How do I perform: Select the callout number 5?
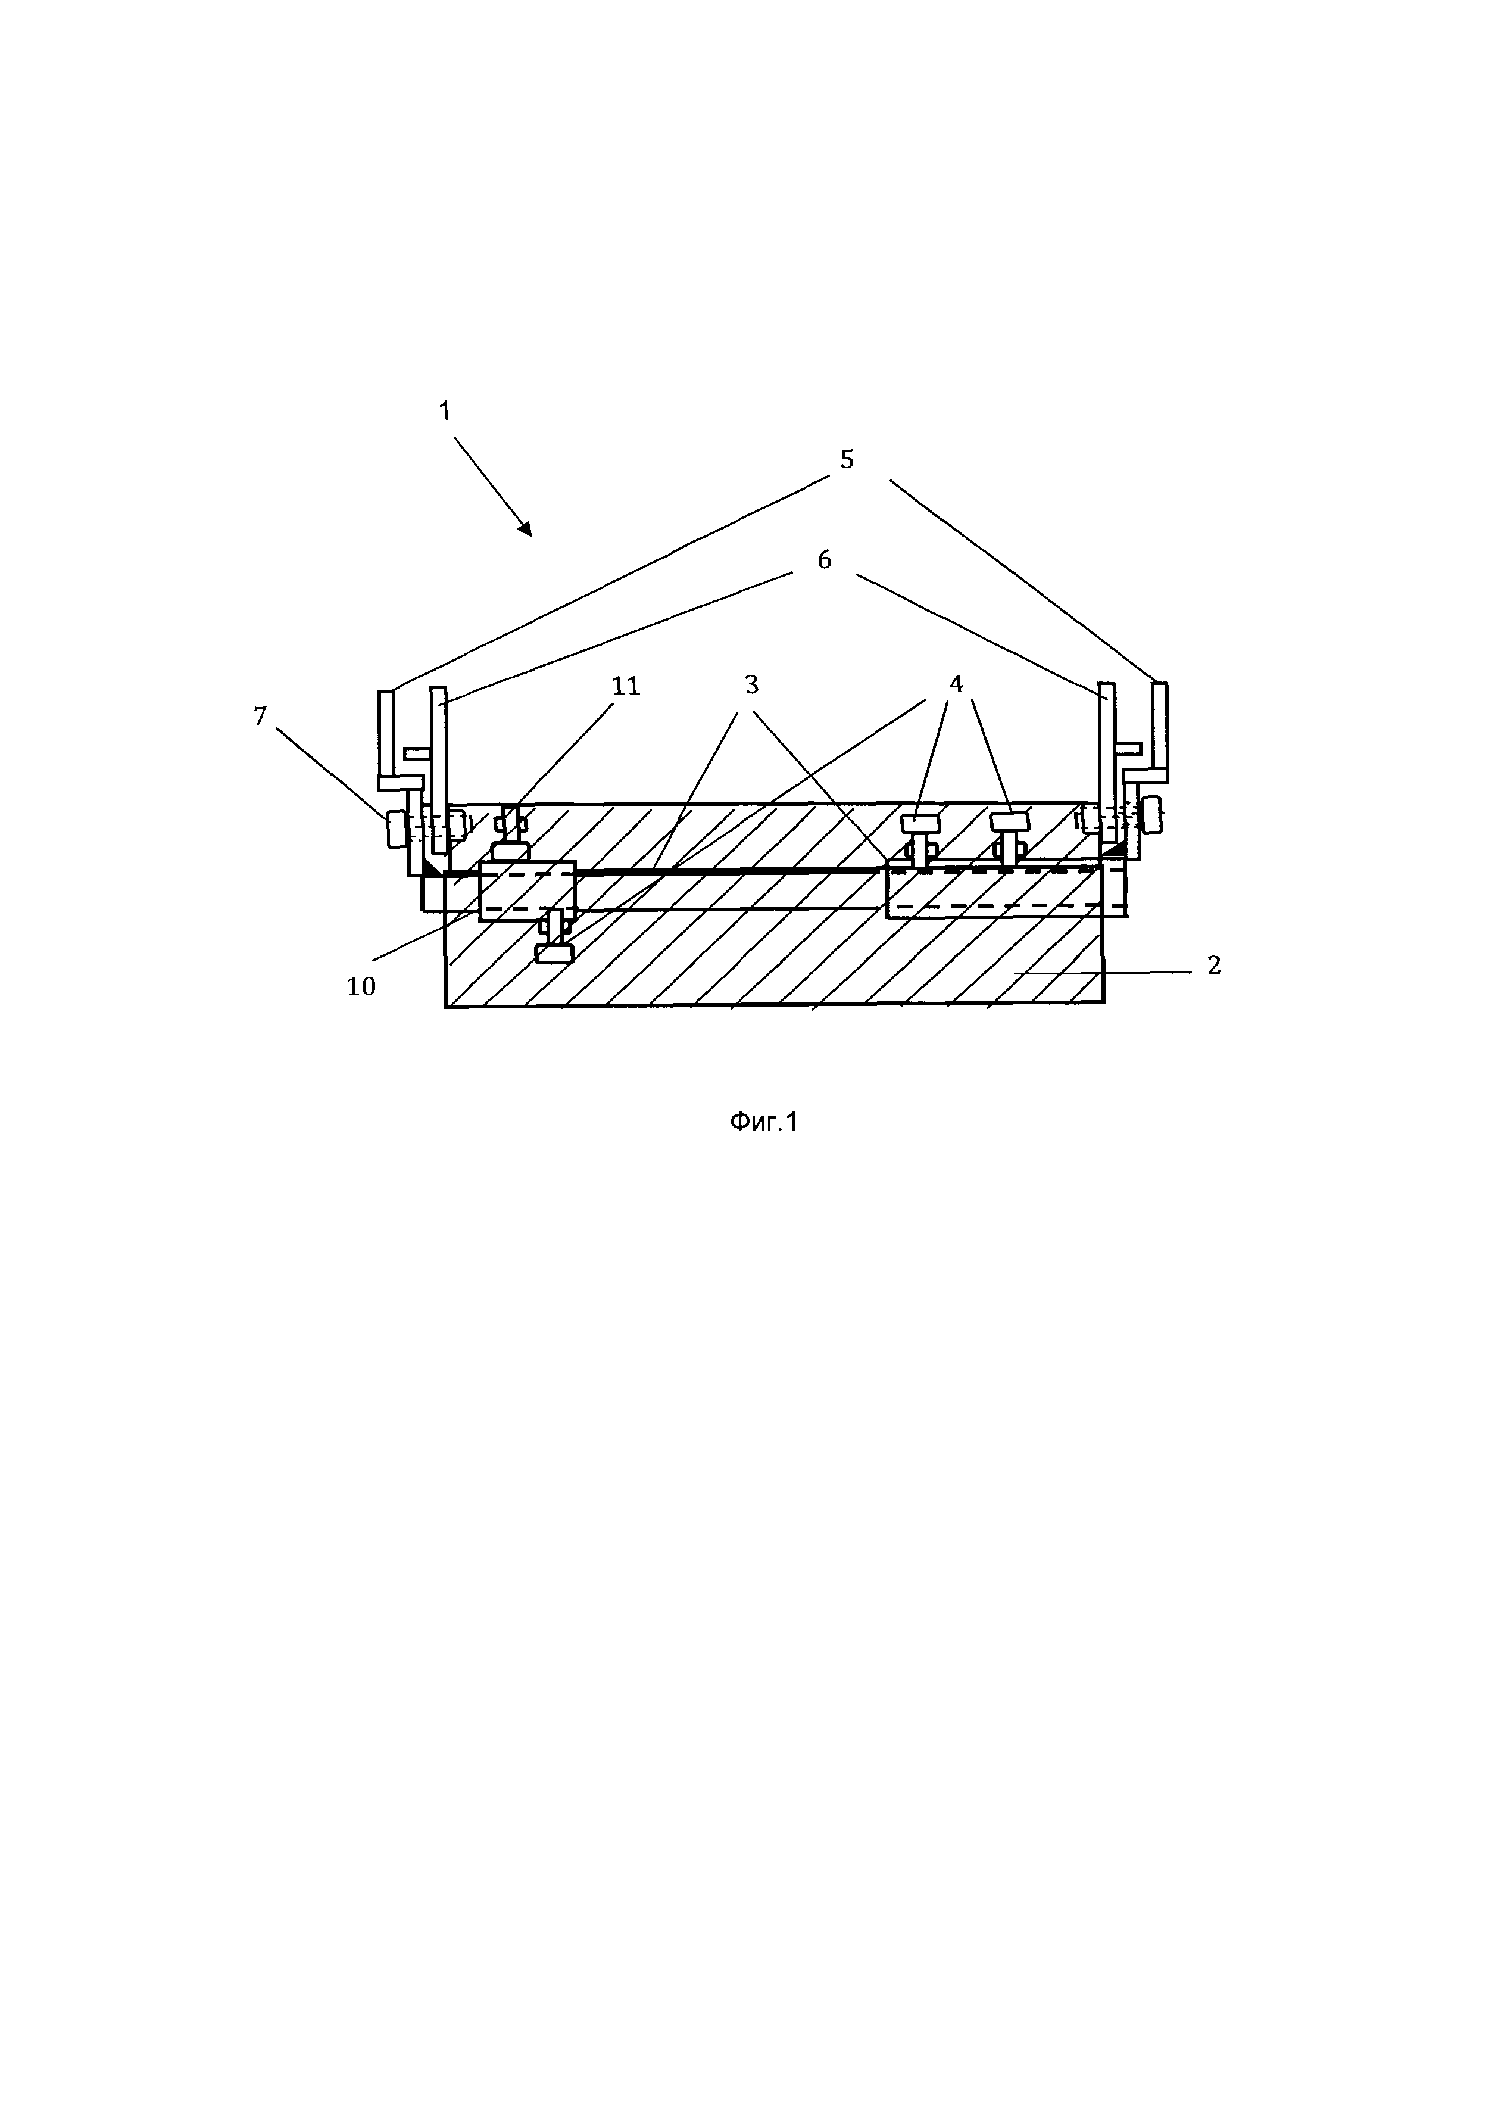(x=847, y=459)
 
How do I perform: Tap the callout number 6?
(x=824, y=559)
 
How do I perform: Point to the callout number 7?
(x=261, y=715)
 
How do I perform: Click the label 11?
(x=625, y=686)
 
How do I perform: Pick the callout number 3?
(x=751, y=685)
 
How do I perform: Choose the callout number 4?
(x=956, y=684)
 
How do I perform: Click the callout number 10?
(x=361, y=986)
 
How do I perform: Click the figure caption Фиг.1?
(x=763, y=1122)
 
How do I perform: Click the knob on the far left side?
(x=397, y=829)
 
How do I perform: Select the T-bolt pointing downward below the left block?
(x=555, y=941)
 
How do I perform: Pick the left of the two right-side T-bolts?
(x=920, y=834)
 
